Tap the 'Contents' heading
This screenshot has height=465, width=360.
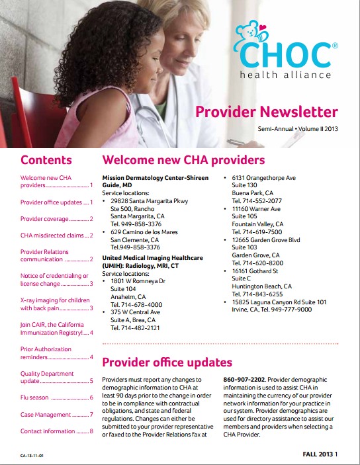tap(46, 160)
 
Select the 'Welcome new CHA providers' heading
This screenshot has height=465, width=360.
tap(183, 160)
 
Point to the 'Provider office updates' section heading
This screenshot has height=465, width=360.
tap(167, 362)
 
